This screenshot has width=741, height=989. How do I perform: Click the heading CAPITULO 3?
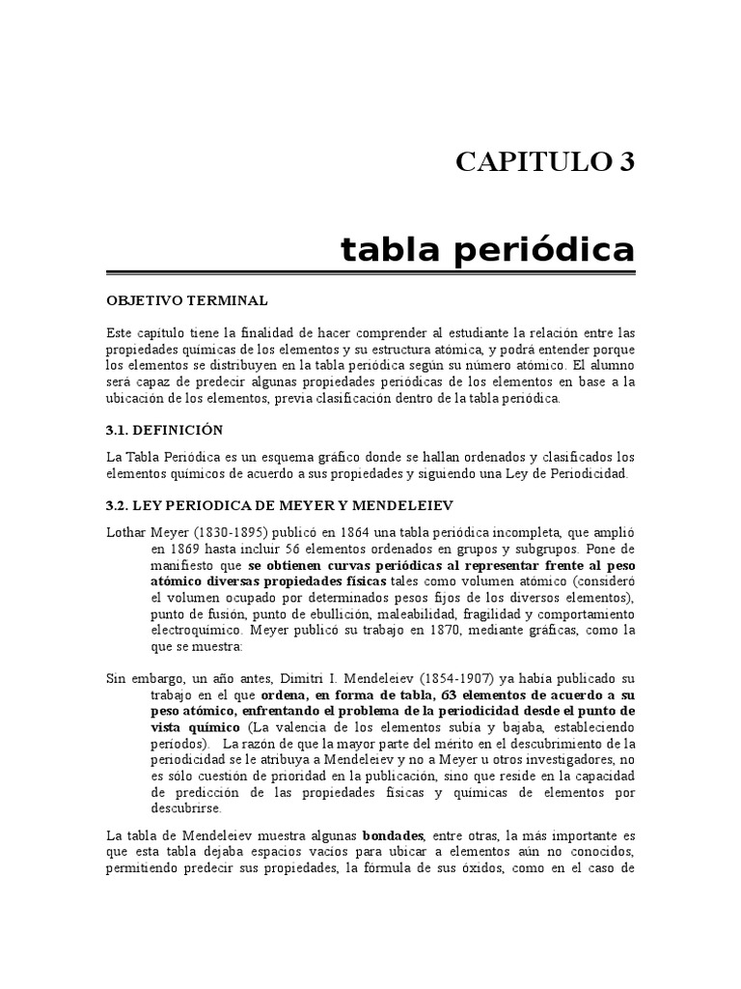point(546,161)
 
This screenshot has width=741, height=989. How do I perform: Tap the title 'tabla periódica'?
point(488,250)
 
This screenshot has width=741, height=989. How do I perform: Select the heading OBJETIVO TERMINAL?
point(187,300)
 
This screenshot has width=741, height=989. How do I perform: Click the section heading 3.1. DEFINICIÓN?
point(165,430)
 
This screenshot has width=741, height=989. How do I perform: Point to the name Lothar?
point(126,533)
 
